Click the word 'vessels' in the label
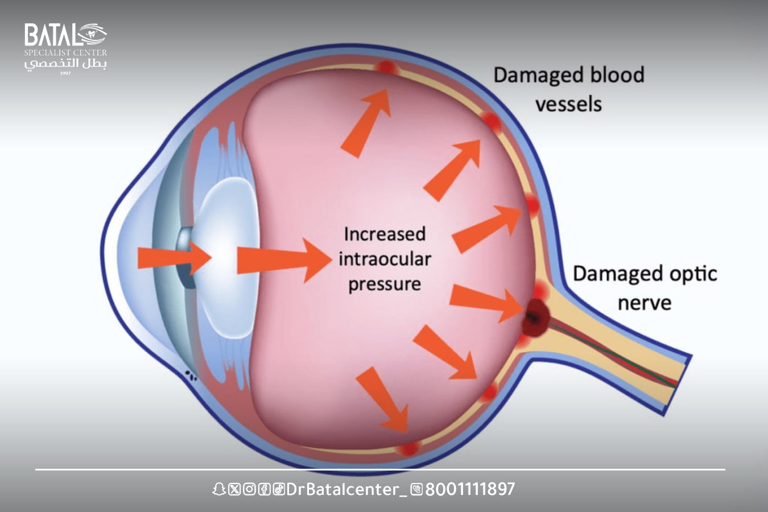[568, 105]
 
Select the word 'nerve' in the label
[644, 303]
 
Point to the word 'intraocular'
[385, 259]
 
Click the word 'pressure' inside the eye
[385, 284]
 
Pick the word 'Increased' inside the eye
[385, 234]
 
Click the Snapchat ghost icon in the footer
[218, 489]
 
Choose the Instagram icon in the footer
[249, 489]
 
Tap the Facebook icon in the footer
[263, 489]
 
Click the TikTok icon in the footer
[278, 489]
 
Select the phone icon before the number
[416, 489]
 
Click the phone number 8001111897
[470, 489]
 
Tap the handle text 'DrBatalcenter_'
[346, 489]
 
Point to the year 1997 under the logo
[65, 73]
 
